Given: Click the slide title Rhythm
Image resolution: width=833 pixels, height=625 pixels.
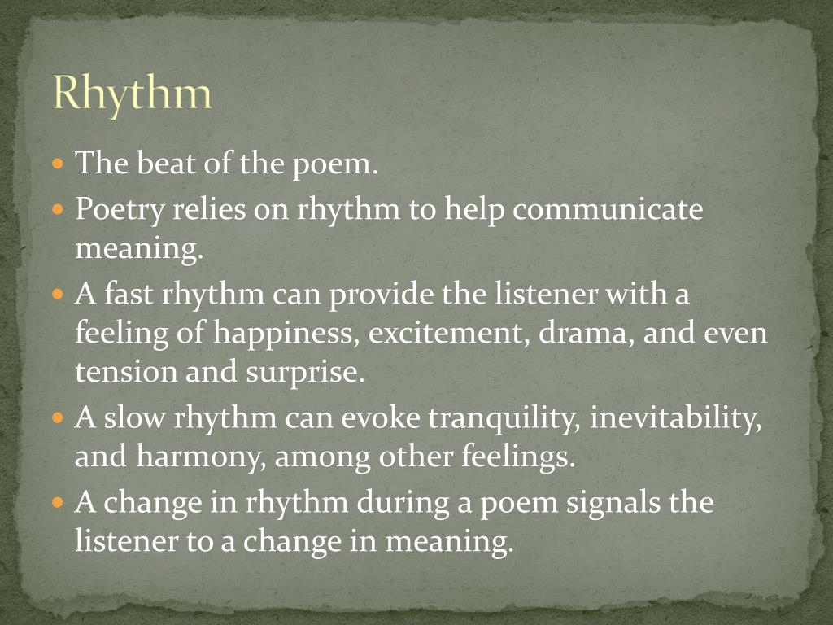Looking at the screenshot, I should pyautogui.click(x=132, y=94).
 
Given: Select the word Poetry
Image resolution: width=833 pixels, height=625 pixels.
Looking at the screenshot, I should pyautogui.click(x=119, y=210).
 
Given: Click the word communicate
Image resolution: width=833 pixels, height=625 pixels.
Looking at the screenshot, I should pyautogui.click(x=607, y=210).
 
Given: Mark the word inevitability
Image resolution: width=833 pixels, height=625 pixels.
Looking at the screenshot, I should pyautogui.click(x=676, y=418).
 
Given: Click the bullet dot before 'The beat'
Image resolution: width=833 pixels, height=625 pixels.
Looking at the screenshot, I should pyautogui.click(x=57, y=164).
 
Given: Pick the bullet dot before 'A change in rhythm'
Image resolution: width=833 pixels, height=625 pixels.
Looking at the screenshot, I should pyautogui.click(x=57, y=502).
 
